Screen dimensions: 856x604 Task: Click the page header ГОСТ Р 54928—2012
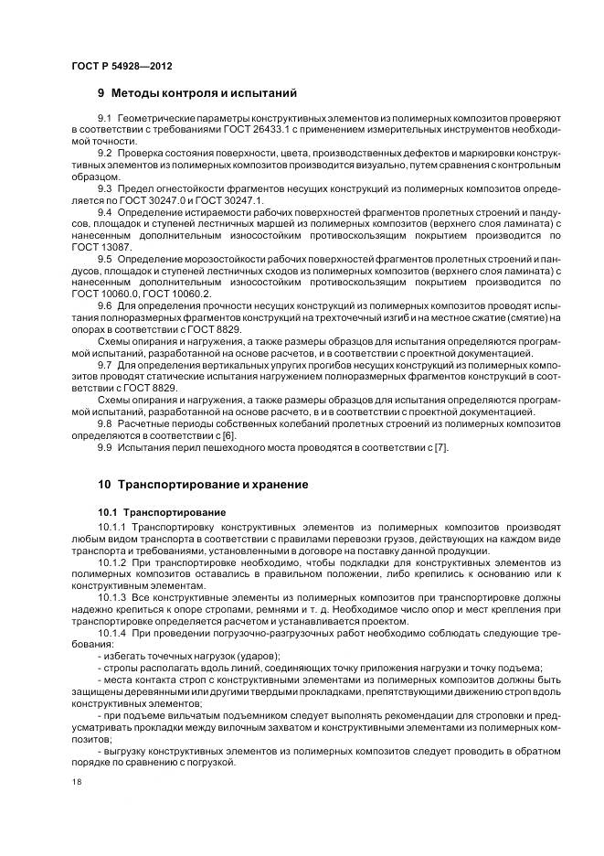(121, 65)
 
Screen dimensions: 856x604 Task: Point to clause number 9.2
(104, 154)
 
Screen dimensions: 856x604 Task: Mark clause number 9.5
(104, 259)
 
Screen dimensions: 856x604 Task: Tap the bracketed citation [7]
(442, 447)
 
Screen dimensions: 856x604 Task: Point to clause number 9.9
(104, 447)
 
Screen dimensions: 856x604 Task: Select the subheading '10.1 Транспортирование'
(155, 511)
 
